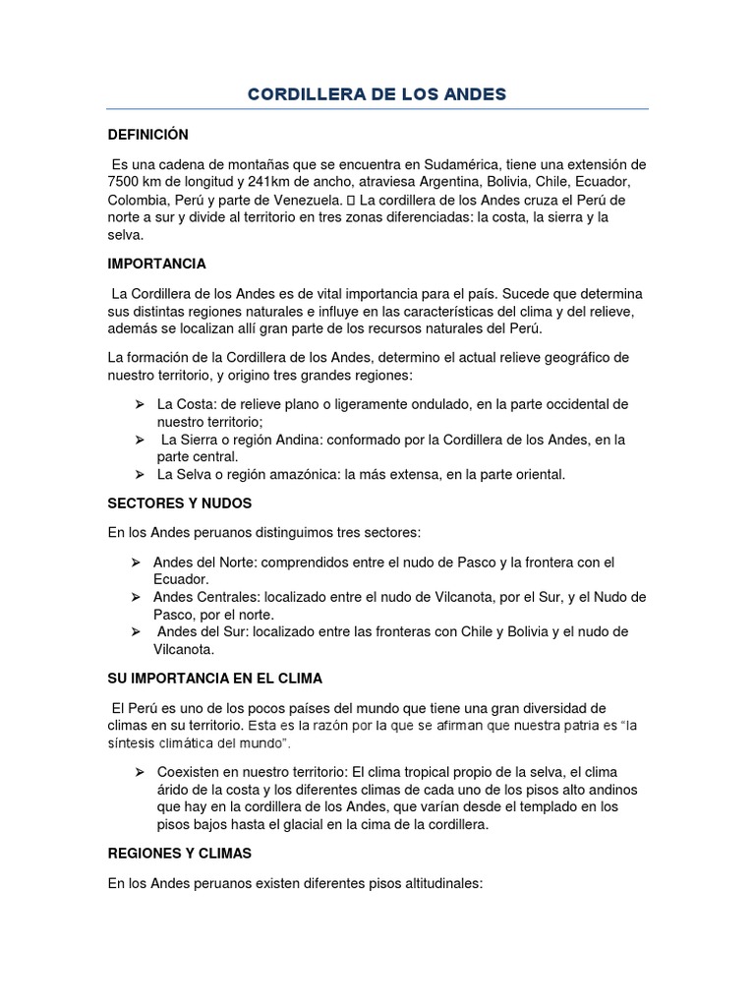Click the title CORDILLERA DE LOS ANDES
coord(377,94)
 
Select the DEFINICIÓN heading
coord(147,134)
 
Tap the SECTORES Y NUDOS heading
coord(180,503)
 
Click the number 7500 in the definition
coord(125,183)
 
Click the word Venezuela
coord(304,201)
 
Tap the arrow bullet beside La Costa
coord(139,404)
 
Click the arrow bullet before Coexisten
coord(139,773)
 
